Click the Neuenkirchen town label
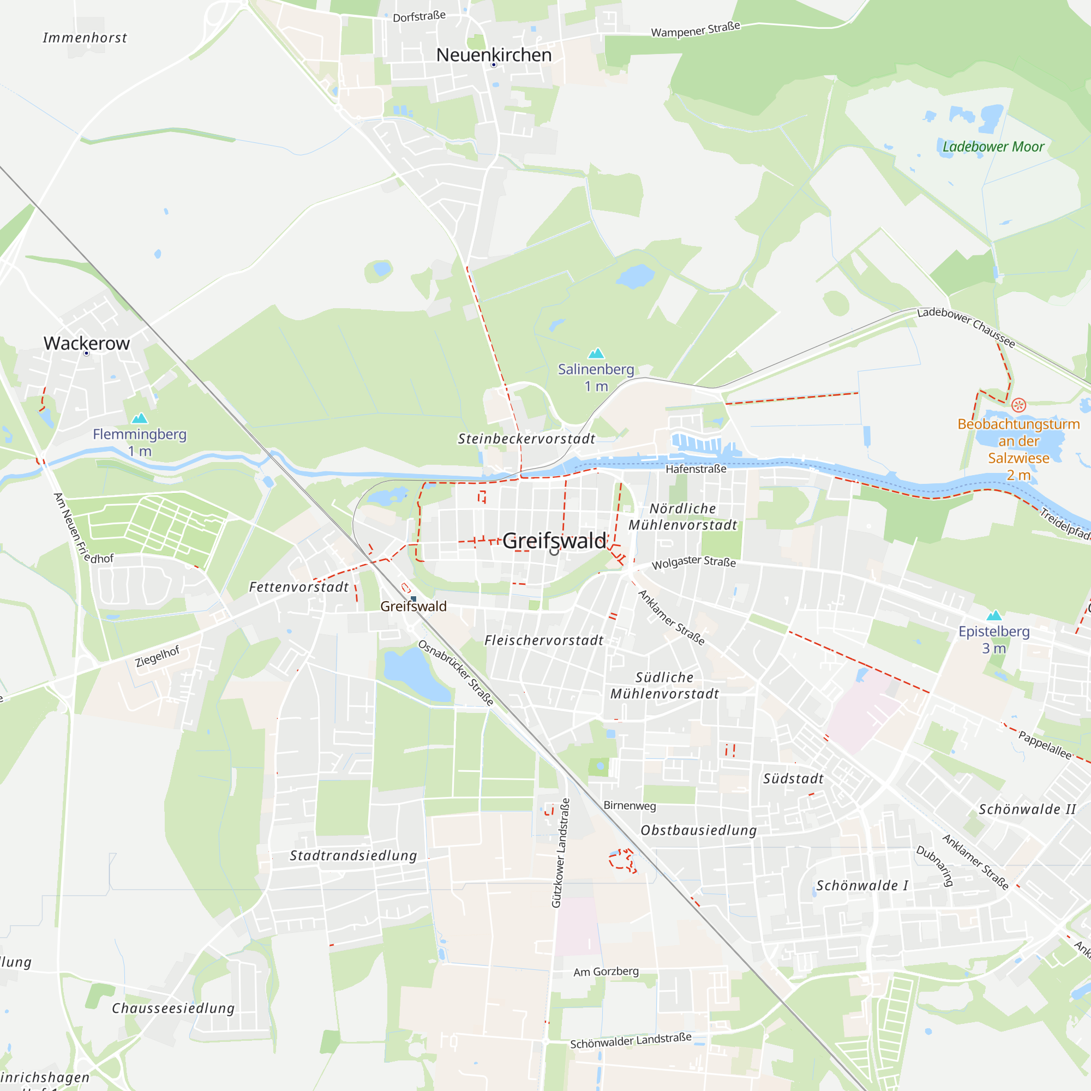point(494,55)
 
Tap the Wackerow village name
point(86,343)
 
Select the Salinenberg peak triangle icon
point(596,353)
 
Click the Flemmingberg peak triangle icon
point(139,418)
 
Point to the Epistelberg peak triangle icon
point(994,615)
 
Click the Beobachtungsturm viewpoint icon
point(1018,405)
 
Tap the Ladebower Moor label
point(993,147)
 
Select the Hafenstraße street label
point(696,469)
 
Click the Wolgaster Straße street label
point(693,562)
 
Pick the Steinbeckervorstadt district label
point(526,439)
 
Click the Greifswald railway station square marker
point(413,598)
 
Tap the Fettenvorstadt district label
point(299,588)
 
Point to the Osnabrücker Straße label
point(455,673)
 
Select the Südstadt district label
point(793,779)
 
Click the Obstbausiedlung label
point(699,830)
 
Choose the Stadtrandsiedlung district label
point(353,855)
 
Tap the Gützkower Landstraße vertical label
point(561,853)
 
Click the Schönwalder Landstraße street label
point(630,1040)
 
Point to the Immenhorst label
point(85,38)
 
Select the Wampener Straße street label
point(695,29)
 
